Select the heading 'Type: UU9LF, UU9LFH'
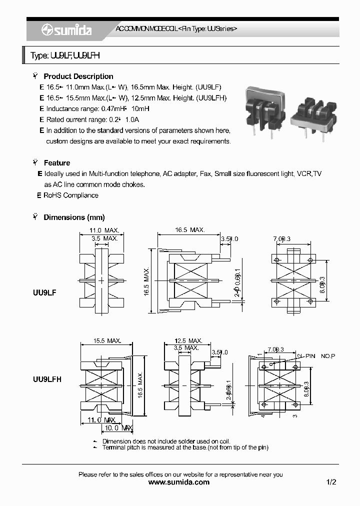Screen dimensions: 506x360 point(65,56)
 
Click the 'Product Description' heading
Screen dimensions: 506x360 point(78,76)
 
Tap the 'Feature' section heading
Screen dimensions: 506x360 point(56,163)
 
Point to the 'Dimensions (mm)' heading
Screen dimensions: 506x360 point(74,217)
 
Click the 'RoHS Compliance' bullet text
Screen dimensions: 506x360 point(70,195)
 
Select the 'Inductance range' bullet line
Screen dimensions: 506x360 point(97,109)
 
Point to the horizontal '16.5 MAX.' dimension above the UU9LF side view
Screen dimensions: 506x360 point(189,230)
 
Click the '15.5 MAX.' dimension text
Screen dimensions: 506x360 point(106,341)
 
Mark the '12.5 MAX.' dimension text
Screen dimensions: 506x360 point(188,340)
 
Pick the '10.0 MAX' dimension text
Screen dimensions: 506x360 point(118,428)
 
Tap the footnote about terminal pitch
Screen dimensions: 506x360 point(185,447)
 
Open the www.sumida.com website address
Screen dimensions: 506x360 point(179,482)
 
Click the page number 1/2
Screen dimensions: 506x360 point(331,482)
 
